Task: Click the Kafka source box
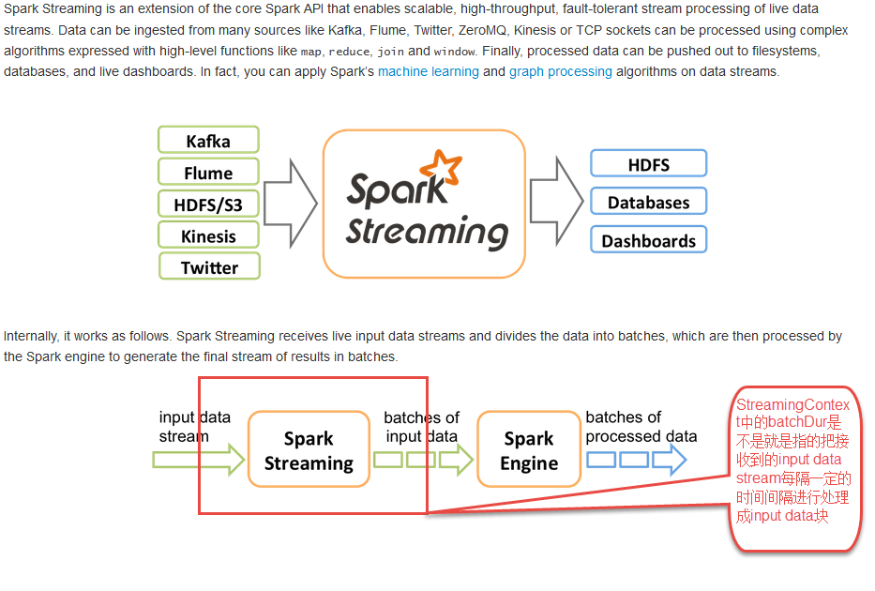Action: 208,142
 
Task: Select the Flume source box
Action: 208,173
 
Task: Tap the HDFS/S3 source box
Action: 208,205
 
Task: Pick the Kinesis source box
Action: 208,235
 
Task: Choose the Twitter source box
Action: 208,267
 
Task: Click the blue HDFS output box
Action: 648,164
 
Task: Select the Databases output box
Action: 648,203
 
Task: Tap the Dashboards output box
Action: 648,240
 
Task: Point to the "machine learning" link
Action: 428,71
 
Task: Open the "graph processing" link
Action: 561,71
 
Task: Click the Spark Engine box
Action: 529,450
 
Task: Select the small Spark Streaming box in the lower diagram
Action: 309,450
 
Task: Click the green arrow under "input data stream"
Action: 198,460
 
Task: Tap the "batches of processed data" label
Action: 641,427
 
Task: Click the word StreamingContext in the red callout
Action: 792,405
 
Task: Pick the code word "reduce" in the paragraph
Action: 349,52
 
